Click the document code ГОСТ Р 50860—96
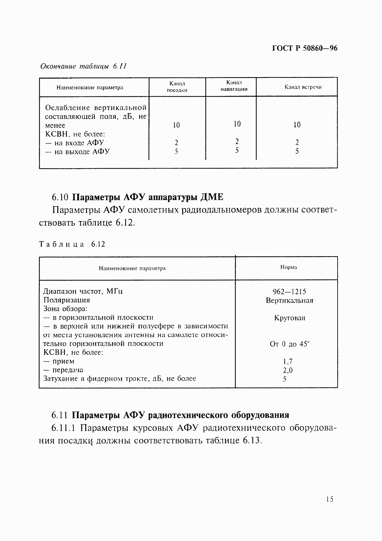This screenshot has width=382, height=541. click(x=304, y=48)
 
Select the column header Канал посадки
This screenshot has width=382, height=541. click(x=177, y=87)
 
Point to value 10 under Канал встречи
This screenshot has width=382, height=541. click(x=297, y=125)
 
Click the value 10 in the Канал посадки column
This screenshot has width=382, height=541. click(x=176, y=125)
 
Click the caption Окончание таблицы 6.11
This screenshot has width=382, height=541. click(x=83, y=66)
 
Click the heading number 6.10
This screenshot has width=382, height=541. click(x=60, y=197)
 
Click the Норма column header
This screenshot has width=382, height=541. click(x=288, y=267)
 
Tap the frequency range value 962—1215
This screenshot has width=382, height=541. click(x=289, y=292)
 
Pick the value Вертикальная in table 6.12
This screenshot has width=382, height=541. click(x=289, y=301)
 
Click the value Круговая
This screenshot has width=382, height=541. click(x=290, y=318)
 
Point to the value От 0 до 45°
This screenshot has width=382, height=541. click(x=289, y=344)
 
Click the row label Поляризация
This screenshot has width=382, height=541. click(x=67, y=300)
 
